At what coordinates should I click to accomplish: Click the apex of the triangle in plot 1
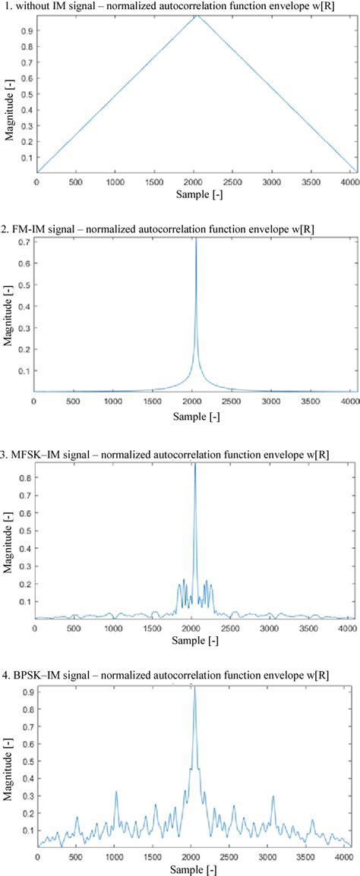click(x=195, y=17)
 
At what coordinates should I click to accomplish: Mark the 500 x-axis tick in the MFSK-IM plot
click(x=75, y=629)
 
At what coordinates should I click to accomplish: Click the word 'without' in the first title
click(x=34, y=5)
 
